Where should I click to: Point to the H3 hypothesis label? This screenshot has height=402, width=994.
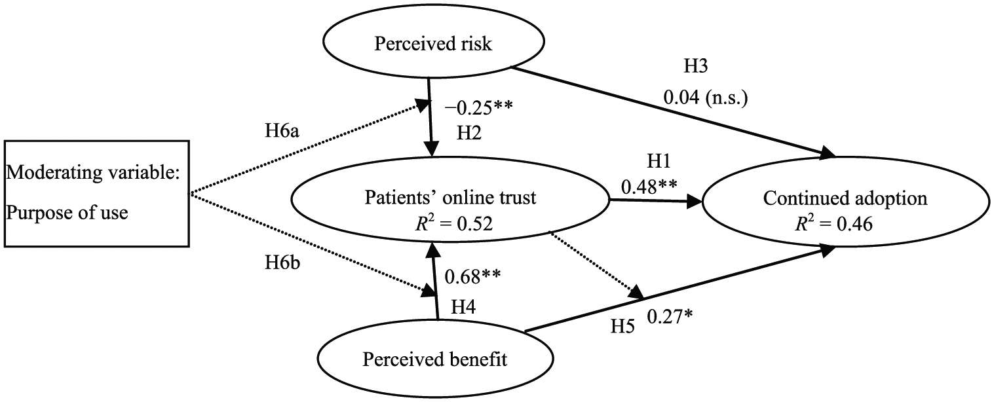pyautogui.click(x=695, y=65)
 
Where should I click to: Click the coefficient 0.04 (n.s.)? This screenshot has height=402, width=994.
pyautogui.click(x=706, y=98)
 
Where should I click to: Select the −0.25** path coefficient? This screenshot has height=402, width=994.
pyautogui.click(x=478, y=107)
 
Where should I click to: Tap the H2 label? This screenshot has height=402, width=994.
pyautogui.click(x=469, y=132)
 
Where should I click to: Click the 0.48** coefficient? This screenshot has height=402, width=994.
pyautogui.click(x=649, y=187)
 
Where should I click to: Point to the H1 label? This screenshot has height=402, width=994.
pyautogui.click(x=658, y=162)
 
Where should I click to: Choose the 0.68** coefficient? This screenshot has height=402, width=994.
pyautogui.click(x=472, y=276)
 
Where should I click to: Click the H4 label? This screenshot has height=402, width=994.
pyautogui.click(x=463, y=306)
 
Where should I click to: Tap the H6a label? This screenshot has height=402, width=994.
pyautogui.click(x=282, y=131)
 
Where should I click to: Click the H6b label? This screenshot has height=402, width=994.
pyautogui.click(x=282, y=263)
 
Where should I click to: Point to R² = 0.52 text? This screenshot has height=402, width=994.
pyautogui.click(x=453, y=223)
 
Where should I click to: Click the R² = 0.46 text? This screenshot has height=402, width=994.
pyautogui.click(x=833, y=224)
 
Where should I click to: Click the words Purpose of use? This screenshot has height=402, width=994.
pyautogui.click(x=67, y=213)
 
